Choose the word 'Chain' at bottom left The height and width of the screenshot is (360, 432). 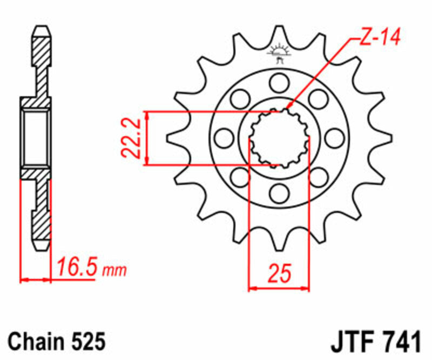tap(37, 342)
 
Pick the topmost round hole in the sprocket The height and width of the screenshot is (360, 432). tap(279, 83)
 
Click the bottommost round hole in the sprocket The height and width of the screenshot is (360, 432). tap(279, 192)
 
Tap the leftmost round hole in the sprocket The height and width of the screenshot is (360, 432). tap(223, 138)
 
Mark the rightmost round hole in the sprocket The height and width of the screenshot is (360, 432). tap(335, 138)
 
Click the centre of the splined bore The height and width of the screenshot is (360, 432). tap(279, 138)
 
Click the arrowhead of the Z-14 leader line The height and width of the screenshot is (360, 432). tap(289, 108)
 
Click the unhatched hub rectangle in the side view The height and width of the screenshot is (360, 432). tap(37, 137)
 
